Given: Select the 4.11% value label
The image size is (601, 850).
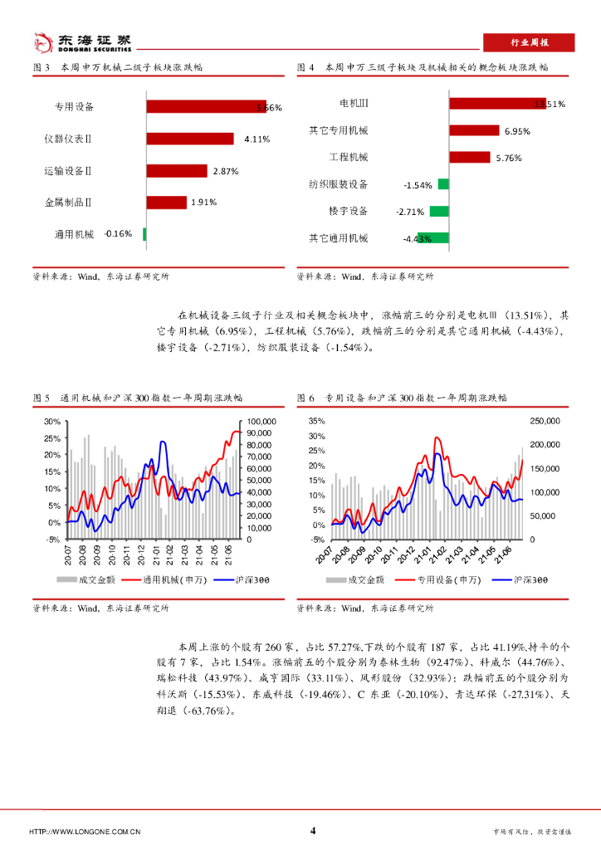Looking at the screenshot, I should (x=257, y=139).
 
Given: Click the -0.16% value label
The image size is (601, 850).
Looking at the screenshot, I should (x=118, y=233).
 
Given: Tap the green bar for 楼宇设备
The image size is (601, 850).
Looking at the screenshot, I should (x=439, y=211).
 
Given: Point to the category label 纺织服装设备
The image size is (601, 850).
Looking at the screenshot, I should (x=338, y=184).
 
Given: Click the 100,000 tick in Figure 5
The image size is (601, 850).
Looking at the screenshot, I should (x=261, y=422).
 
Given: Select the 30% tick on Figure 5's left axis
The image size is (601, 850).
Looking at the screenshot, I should (x=51, y=422).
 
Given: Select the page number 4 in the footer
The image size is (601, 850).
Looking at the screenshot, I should (x=313, y=831).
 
